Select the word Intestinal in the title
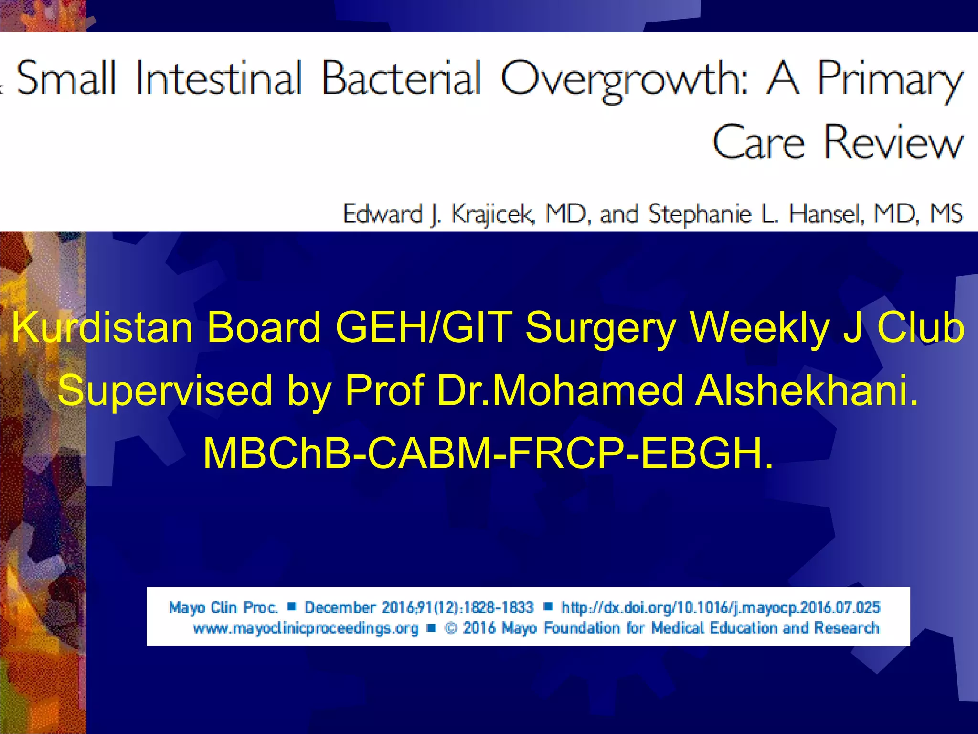219,78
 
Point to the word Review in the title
893,142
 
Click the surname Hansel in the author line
826,214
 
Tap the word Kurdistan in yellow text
102,328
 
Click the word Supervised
165,391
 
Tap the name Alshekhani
806,391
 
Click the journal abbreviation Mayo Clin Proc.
223,607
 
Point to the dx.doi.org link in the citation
721,607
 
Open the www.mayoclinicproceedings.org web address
306,628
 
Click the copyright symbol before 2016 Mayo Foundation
450,628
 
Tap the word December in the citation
340,607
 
